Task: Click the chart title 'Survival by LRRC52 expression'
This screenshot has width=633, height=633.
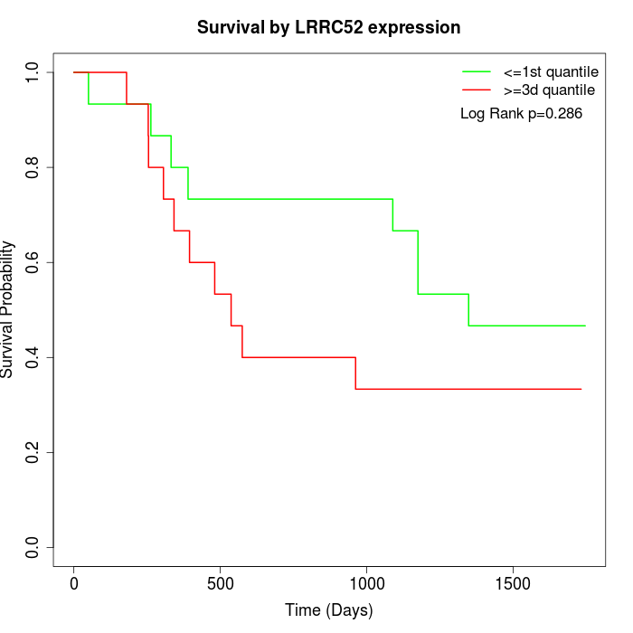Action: pyautogui.click(x=328, y=28)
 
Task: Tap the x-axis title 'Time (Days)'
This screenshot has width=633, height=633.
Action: pyautogui.click(x=328, y=610)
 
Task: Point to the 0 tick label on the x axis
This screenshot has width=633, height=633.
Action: pyautogui.click(x=74, y=583)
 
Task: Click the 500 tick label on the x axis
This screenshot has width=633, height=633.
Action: pyautogui.click(x=220, y=583)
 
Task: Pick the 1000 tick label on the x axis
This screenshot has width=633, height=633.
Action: pyautogui.click(x=366, y=583)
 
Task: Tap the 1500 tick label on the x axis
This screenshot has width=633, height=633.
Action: pyautogui.click(x=513, y=583)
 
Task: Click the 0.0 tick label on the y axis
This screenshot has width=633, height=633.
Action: pyautogui.click(x=33, y=547)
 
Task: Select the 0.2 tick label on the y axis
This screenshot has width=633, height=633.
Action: pyautogui.click(x=33, y=452)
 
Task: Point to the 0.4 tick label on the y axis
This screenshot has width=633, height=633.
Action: pyautogui.click(x=33, y=357)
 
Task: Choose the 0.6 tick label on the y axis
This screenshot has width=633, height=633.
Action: pyautogui.click(x=33, y=262)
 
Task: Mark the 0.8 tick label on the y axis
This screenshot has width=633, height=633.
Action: pyautogui.click(x=33, y=167)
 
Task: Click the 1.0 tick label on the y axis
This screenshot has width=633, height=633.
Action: pyautogui.click(x=33, y=72)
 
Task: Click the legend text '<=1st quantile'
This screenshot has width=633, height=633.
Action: pyautogui.click(x=550, y=71)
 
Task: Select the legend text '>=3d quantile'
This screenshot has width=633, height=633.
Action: pyautogui.click(x=549, y=90)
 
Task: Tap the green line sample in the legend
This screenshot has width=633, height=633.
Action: pyautogui.click(x=476, y=71)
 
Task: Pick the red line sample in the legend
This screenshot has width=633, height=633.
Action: pyautogui.click(x=476, y=90)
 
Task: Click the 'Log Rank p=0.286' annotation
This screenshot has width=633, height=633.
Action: pyautogui.click(x=521, y=114)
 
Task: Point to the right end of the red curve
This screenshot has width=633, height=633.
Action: pyautogui.click(x=581, y=389)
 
